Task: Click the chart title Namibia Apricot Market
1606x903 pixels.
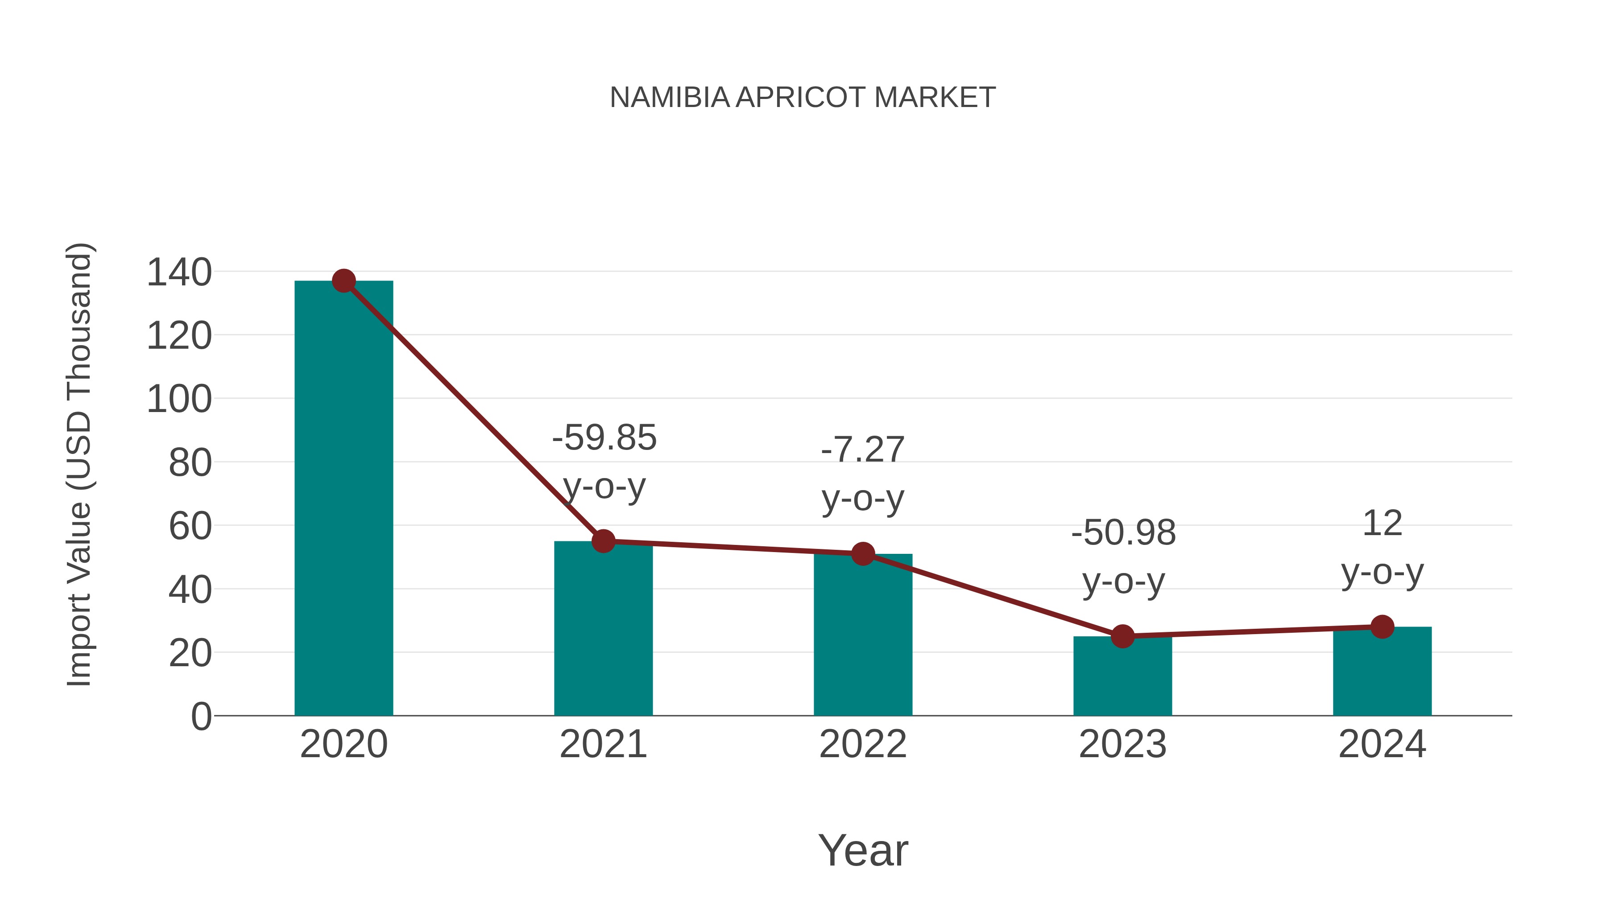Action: coord(803,98)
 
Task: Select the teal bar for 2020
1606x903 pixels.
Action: coord(344,499)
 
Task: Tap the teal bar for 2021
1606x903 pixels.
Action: coord(603,629)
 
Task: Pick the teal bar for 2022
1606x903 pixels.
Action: coord(863,635)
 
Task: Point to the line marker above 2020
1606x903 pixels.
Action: coord(344,281)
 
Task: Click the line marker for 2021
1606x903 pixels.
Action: coord(603,541)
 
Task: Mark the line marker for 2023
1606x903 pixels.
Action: coord(1122,636)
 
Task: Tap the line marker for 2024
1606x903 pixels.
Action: coord(1382,627)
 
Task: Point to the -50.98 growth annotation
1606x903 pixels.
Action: coord(1123,557)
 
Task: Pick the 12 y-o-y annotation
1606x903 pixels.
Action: coord(1382,547)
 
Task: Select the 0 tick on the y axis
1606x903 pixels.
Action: coord(201,717)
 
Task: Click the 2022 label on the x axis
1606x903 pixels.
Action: coord(863,745)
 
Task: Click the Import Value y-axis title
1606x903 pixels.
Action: coord(79,464)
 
